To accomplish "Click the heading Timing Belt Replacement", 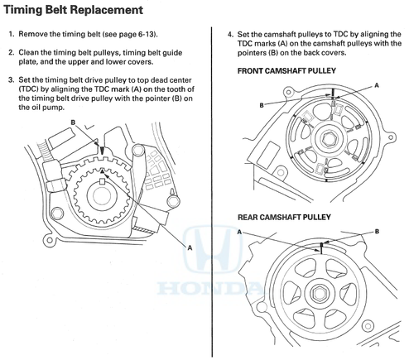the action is coord(74,10).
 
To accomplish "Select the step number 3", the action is coord(11,80).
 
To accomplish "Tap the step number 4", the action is coord(230,35).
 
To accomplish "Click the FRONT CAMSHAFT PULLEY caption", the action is coord(286,71).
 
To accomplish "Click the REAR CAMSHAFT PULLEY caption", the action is coord(284,217).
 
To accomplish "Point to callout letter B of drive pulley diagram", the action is coord(73,122).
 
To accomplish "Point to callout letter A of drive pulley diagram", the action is coord(190,248).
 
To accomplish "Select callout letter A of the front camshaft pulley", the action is coord(377,86).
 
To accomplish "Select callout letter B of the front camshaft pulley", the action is coord(262,105).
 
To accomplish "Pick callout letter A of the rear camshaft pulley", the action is coord(239,232).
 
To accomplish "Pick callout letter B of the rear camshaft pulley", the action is coord(377,232).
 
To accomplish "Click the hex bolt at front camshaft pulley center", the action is coord(328,139).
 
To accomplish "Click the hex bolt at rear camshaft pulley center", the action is coord(320,293).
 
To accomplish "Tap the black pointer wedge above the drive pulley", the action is coord(103,151).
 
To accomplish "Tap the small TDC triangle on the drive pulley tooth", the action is coord(103,171).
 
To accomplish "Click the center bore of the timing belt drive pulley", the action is coord(102,195).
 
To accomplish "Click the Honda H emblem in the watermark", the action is coord(212,248).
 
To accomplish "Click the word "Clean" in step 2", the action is coord(26,53).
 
